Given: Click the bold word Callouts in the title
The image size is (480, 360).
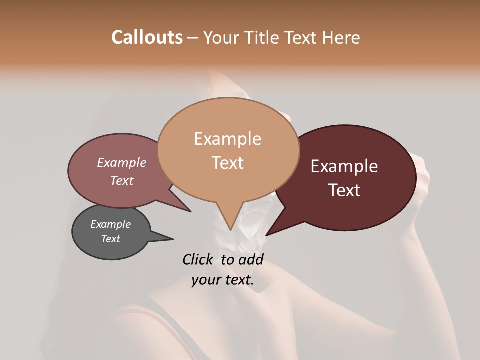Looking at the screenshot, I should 147,37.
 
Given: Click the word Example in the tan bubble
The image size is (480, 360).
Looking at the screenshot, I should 227,139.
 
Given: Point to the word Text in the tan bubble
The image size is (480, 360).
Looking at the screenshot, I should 227,163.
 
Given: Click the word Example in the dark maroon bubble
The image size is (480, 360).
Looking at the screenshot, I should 344,166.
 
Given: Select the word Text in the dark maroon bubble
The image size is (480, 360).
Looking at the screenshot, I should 344,190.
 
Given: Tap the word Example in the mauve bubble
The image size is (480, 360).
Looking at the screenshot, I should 121,162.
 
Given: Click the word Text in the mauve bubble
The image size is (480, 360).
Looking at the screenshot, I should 121,180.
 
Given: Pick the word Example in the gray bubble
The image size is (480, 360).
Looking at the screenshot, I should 110,224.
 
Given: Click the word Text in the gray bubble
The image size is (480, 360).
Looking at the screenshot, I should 110,239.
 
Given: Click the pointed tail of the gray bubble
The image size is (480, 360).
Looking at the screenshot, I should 172,239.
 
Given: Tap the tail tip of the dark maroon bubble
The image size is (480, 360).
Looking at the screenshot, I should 266,235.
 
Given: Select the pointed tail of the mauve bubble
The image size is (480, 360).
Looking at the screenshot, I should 190,211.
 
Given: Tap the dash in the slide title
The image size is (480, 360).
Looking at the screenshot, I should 193,38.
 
